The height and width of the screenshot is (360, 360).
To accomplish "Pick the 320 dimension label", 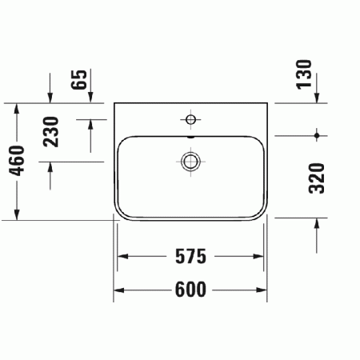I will [317, 178].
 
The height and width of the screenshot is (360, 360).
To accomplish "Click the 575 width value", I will [191, 257].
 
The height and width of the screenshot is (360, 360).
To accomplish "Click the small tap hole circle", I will [190, 120].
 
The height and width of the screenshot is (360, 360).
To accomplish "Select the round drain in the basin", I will [190, 162].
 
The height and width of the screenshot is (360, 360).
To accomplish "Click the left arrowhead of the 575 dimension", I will [122, 257].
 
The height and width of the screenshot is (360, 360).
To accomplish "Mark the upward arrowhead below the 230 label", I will [52, 165].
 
